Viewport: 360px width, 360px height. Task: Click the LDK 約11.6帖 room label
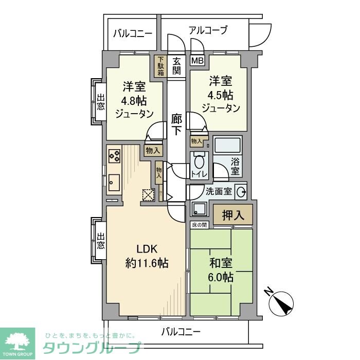coord(147,256)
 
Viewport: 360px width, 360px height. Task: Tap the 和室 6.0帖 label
coord(221,270)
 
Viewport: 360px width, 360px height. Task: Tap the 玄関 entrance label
coord(176,66)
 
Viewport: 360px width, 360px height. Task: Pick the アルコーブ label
coord(208,30)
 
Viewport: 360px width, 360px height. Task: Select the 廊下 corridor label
coord(176,124)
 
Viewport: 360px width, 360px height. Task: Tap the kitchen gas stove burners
coord(114,155)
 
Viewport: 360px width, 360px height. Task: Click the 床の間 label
coord(199,225)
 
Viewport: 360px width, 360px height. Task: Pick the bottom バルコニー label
coord(181,331)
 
